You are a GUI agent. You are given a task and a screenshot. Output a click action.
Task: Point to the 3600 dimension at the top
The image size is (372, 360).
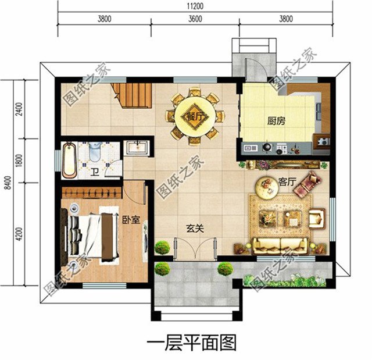[x=195, y=18]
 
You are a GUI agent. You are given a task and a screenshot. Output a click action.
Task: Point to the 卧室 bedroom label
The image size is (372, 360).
[x=131, y=220]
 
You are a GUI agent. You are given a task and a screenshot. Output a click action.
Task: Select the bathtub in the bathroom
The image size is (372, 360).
[x=69, y=159]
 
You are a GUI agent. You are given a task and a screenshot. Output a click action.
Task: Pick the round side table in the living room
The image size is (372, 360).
[x=269, y=186]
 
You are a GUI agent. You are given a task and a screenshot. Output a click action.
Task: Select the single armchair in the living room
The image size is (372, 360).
[x=317, y=218]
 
